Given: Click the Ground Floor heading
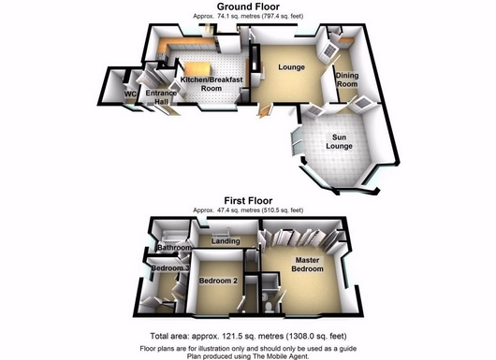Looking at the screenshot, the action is [248, 7].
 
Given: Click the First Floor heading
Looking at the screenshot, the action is [248, 201].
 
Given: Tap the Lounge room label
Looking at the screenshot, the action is [291, 67].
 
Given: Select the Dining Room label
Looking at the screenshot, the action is [347, 79].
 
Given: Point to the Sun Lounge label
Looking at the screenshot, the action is [339, 141].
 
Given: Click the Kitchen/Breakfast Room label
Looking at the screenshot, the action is [212, 84].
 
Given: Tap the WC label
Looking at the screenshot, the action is [130, 94].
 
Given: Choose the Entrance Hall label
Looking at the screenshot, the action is [161, 97].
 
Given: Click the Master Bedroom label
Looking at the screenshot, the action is [307, 265].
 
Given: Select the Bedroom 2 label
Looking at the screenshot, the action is [218, 281].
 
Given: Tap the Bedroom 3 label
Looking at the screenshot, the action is [170, 268].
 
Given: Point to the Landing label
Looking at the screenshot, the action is [226, 241].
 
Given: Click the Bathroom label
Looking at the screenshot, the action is [174, 248].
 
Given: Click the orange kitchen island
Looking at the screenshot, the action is [197, 69].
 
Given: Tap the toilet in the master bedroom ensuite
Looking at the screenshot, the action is [268, 306].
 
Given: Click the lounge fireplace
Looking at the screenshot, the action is [255, 60].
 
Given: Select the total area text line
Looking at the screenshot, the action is [248, 336].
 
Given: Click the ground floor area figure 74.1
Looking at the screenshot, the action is [223, 17].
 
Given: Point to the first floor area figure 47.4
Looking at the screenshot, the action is [223, 210].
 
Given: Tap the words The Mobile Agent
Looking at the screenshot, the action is [281, 356].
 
